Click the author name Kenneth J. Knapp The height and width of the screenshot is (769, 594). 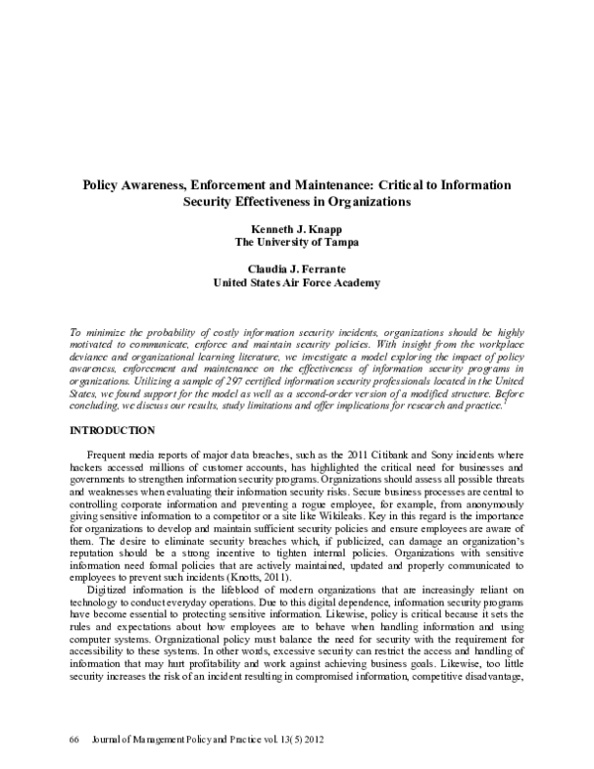pos(297,226)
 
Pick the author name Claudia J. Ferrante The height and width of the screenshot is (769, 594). pos(297,268)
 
